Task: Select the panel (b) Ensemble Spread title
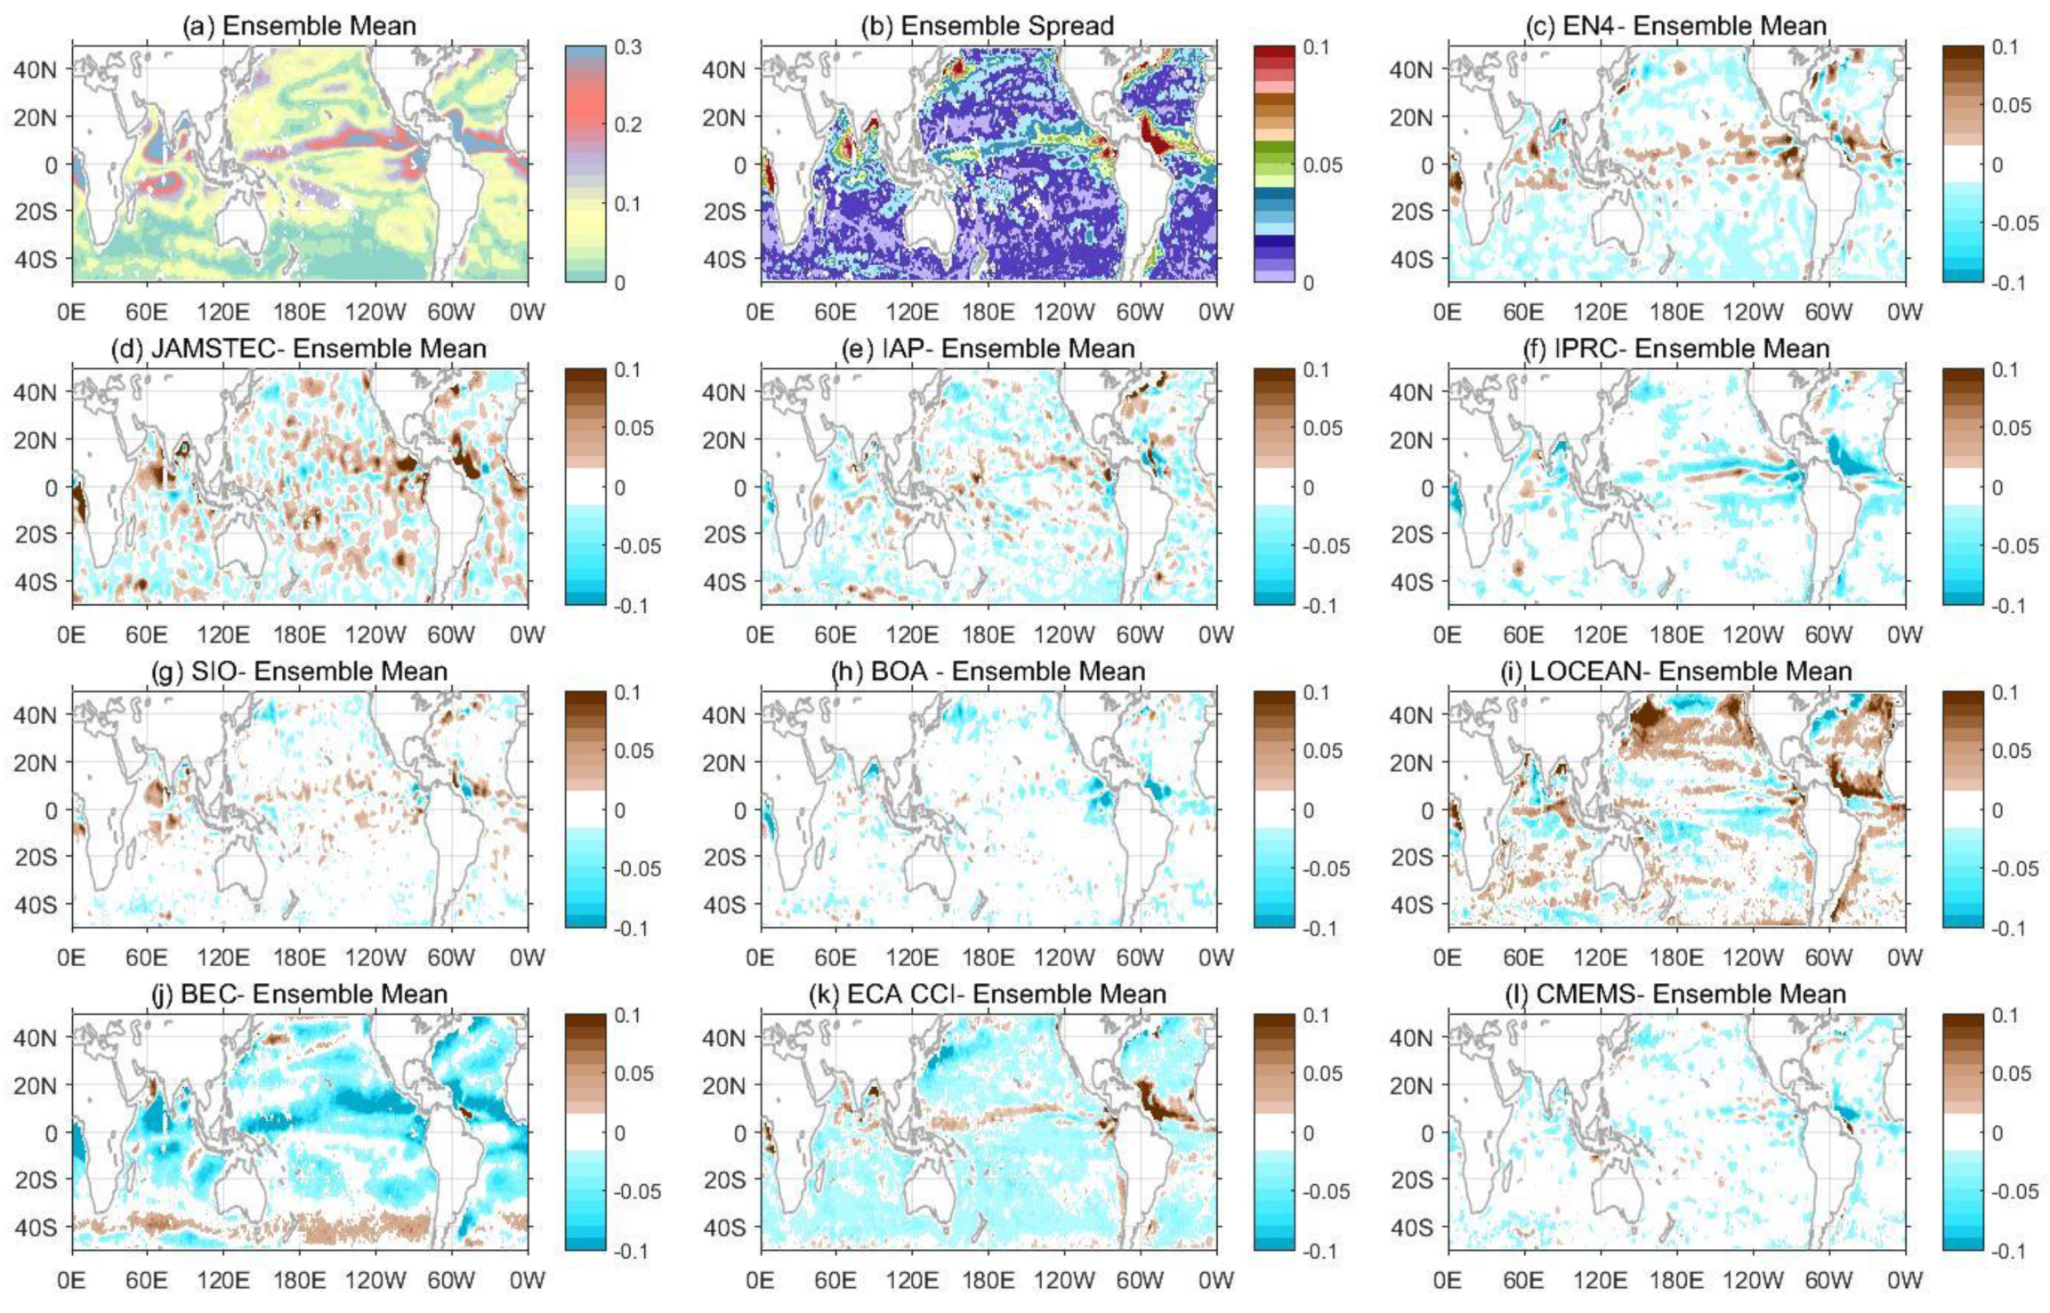[x=987, y=25]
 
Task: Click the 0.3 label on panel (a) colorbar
[x=628, y=47]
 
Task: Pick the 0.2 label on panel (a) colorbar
[x=628, y=125]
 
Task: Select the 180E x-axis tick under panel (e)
[x=988, y=634]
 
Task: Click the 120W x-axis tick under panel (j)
[x=375, y=1280]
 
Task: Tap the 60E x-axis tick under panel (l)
[x=1523, y=1280]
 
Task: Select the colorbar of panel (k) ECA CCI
[x=1274, y=1132]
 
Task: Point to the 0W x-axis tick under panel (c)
[x=1904, y=311]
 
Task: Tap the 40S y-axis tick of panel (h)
[x=722, y=905]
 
